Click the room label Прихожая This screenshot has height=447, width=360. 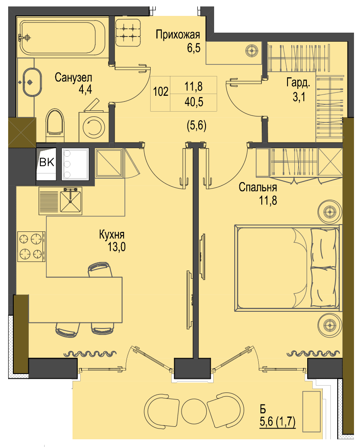click(178, 35)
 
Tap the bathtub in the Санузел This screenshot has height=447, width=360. click(62, 37)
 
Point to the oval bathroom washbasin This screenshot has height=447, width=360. click(32, 82)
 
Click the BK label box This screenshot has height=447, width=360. click(46, 162)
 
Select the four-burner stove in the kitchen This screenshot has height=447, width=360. click(31, 246)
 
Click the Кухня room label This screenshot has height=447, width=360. click(112, 234)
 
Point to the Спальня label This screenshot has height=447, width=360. click(258, 187)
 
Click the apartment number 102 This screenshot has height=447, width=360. click(160, 92)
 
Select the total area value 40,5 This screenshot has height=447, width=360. click(194, 102)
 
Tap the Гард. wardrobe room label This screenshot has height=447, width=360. click(298, 83)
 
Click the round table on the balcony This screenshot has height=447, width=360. click(194, 411)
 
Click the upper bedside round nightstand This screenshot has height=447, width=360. click(330, 212)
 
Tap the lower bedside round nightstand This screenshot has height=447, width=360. click(330, 325)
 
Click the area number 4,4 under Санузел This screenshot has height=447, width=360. click(85, 89)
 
